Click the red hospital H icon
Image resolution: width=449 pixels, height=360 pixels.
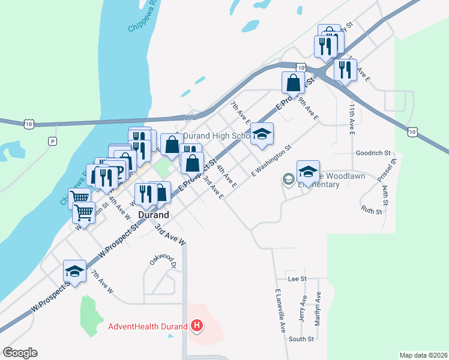(x=197, y=326)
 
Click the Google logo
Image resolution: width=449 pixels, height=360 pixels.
(x=20, y=353)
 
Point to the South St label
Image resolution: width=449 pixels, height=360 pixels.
(x=301, y=339)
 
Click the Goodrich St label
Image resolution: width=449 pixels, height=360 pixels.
(x=373, y=153)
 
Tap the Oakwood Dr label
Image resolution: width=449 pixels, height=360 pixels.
(x=163, y=262)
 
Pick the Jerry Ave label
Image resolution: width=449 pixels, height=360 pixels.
(x=303, y=310)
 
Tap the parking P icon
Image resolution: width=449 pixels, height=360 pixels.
(x=52, y=142)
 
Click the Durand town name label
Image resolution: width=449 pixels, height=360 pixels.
(x=154, y=214)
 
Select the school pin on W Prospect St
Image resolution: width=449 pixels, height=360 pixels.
(x=75, y=272)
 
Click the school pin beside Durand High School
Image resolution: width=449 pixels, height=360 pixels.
(x=262, y=134)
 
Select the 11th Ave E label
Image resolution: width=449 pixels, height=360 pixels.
(x=352, y=118)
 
